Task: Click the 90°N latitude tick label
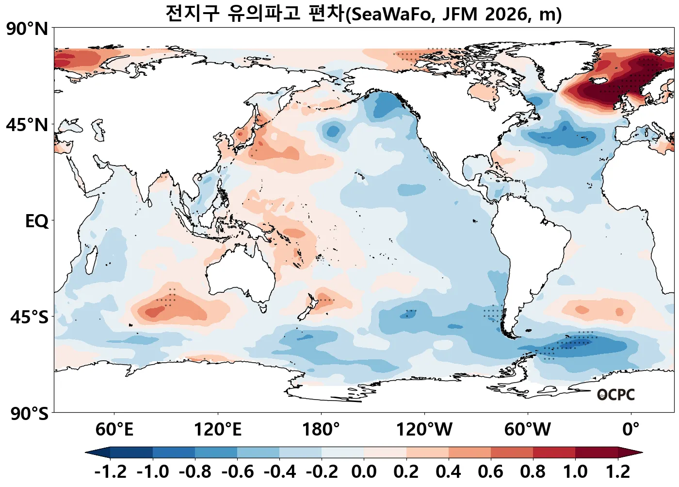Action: [27, 29]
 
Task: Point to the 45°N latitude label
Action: [27, 125]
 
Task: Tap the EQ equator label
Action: [37, 221]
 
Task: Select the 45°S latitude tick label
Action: [30, 317]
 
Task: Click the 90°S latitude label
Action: [30, 414]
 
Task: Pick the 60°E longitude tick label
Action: [114, 430]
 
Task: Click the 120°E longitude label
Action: [218, 430]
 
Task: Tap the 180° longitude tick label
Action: [321, 430]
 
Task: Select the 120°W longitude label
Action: [424, 430]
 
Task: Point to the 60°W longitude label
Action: [528, 430]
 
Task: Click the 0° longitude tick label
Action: [631, 430]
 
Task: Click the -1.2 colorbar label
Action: [110, 471]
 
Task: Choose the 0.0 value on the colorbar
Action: [364, 471]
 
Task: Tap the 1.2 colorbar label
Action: [618, 471]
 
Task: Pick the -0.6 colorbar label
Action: [237, 471]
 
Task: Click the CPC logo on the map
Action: [616, 395]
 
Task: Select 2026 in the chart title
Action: [508, 14]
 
